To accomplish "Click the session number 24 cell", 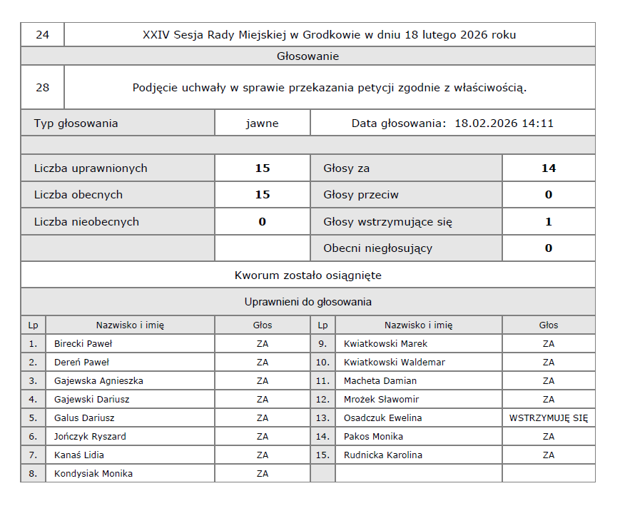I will point(42,34).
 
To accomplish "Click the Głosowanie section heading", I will point(308,56).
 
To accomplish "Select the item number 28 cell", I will point(42,88).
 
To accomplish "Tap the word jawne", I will point(262,123).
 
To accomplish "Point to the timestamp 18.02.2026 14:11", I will point(504,123).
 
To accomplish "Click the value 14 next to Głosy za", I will point(548,168).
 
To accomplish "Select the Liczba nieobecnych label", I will point(86,222).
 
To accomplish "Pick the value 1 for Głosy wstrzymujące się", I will point(548,222).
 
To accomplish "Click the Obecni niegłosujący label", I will point(377,248).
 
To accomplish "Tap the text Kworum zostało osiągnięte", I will point(308,275).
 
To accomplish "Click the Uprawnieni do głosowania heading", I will point(308,302).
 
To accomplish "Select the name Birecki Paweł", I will point(83,343).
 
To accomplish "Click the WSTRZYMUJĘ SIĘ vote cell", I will point(548,418).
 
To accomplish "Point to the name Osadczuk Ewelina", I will point(382,418).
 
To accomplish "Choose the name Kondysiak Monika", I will point(93,473).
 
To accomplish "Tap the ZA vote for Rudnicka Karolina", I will point(548,455).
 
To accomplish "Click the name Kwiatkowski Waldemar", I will point(394,362).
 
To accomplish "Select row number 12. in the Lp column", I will point(322,399).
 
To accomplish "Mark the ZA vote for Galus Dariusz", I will point(262,418).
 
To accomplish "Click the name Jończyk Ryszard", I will point(90,436).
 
